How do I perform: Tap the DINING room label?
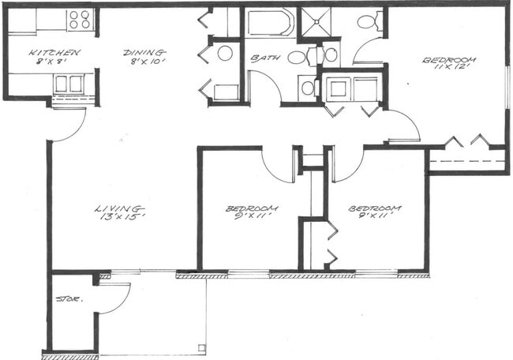144,52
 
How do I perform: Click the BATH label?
263,58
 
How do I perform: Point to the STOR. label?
66,299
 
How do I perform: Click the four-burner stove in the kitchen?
80,19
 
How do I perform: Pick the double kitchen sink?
69,83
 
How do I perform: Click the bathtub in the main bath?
271,23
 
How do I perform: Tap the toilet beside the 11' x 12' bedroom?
367,21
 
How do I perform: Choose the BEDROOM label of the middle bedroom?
247,208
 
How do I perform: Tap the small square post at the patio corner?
202,347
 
